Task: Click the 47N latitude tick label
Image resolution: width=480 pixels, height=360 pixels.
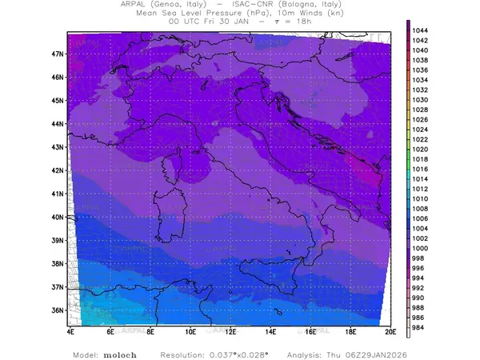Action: (58, 54)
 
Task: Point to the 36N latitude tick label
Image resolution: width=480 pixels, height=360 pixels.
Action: (58, 310)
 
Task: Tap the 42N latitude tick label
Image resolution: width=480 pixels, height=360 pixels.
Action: (58, 170)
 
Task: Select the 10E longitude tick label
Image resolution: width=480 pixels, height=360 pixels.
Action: (190, 330)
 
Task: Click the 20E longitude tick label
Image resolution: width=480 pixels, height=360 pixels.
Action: (390, 330)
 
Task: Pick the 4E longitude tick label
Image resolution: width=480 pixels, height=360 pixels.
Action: (70, 330)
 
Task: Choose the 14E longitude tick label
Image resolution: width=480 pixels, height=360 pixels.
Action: (270, 330)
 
